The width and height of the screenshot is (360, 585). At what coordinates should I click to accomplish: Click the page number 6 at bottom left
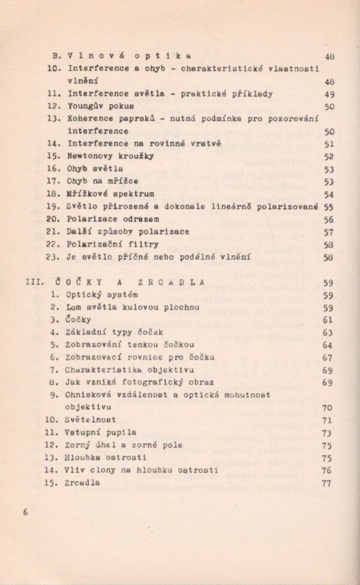coord(25,512)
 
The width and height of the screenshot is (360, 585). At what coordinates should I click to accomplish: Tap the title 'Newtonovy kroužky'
coord(110,156)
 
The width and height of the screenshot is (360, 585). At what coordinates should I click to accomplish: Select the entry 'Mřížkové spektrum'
coord(110,194)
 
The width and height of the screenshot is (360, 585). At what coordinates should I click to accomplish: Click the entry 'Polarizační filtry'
coord(113,244)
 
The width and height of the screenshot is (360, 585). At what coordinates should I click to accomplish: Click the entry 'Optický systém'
coord(103,295)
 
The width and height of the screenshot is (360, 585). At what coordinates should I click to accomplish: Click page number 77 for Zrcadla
coord(326,484)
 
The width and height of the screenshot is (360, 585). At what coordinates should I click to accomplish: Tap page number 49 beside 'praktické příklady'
coord(329,94)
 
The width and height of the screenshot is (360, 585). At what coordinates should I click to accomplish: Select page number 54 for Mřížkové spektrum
coord(329,194)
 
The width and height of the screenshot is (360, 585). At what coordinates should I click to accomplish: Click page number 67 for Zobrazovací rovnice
coord(327,358)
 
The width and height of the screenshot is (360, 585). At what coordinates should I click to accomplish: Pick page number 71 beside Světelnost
coord(327,421)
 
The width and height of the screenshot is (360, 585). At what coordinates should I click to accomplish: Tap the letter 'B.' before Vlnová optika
coord(58,56)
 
